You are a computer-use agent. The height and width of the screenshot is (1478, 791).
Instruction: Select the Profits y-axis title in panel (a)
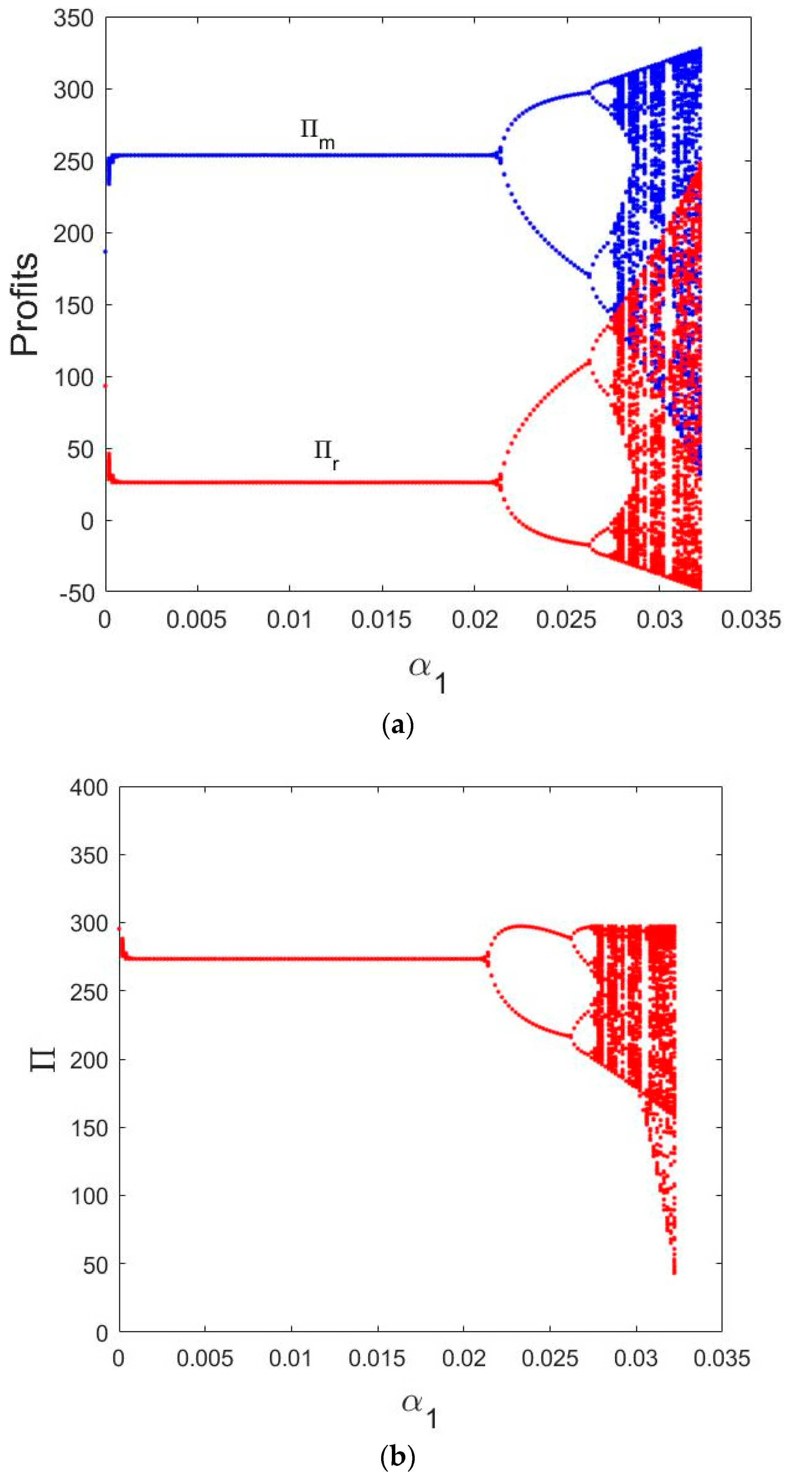click(25, 304)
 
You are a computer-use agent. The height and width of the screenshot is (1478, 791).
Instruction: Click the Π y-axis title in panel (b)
click(43, 1059)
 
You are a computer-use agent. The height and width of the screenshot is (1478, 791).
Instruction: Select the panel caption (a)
click(397, 726)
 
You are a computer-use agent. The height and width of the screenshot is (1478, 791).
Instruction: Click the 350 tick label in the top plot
click(73, 18)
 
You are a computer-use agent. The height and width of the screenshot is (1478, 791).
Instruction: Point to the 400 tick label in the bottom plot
click(89, 788)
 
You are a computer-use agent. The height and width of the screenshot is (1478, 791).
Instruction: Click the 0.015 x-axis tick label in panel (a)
click(381, 620)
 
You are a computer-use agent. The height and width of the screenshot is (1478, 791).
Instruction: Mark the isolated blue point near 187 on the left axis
click(105, 251)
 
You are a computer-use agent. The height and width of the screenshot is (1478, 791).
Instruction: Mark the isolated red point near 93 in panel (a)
click(105, 386)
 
